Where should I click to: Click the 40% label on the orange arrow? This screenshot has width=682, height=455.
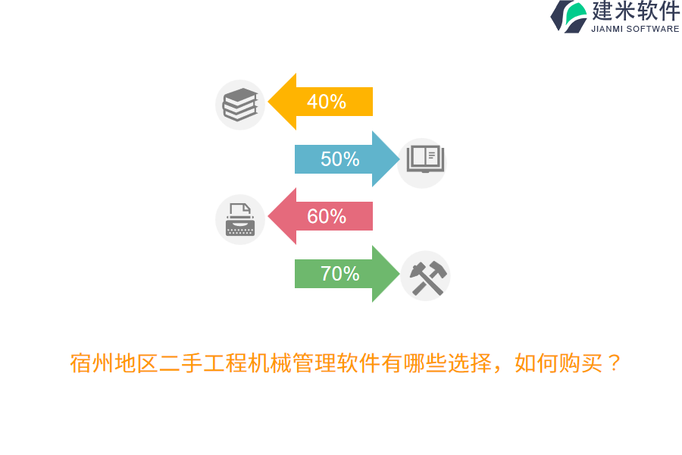(327, 102)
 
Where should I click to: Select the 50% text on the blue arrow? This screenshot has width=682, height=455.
(339, 159)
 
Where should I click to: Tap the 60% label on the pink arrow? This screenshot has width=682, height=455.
(327, 217)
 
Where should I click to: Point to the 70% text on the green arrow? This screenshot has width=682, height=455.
(339, 274)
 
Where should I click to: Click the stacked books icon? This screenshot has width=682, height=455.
(240, 105)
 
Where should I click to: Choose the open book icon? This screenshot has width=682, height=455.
(422, 159)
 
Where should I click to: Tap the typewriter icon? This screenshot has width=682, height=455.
(240, 220)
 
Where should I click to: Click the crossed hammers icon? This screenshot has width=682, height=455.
(427, 277)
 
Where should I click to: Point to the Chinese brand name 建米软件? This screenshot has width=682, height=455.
(636, 11)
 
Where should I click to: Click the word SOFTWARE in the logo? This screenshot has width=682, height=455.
(654, 29)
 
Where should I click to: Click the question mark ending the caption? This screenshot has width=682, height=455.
(614, 364)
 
